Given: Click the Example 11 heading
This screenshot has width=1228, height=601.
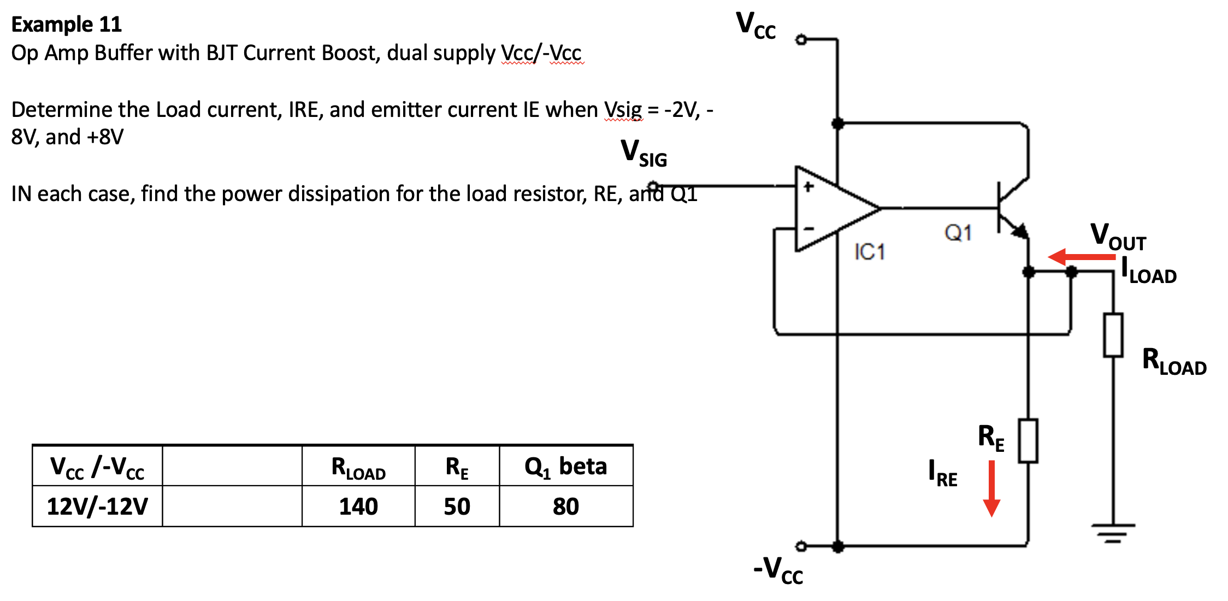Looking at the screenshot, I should (66, 25).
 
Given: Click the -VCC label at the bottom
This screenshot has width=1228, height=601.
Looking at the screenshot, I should (778, 570).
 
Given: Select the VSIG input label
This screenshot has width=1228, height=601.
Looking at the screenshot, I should (643, 153).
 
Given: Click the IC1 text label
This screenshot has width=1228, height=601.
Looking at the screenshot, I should (869, 252).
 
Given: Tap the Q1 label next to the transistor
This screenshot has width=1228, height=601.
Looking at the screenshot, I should (958, 233).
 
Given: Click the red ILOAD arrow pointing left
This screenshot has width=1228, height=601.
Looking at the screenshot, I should (1081, 257).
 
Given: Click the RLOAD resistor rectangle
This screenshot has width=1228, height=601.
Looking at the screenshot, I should (1113, 335).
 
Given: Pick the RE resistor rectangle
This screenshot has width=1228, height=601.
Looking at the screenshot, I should (1028, 441).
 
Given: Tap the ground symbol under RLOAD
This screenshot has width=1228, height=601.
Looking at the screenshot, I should (1113, 532).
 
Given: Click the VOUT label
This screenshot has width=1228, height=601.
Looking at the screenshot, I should (1118, 237).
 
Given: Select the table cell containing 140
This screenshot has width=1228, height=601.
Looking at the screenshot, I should (358, 506).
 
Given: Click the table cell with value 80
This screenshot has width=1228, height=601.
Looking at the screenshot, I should (565, 506).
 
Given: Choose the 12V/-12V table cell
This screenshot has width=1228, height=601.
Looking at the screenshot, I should (97, 506).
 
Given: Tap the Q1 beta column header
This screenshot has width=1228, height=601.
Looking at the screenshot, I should (565, 467).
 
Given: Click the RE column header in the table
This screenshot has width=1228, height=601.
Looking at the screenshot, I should (457, 467).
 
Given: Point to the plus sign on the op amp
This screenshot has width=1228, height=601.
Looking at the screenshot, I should (808, 187).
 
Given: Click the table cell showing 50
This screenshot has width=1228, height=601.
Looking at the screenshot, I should (457, 506).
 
